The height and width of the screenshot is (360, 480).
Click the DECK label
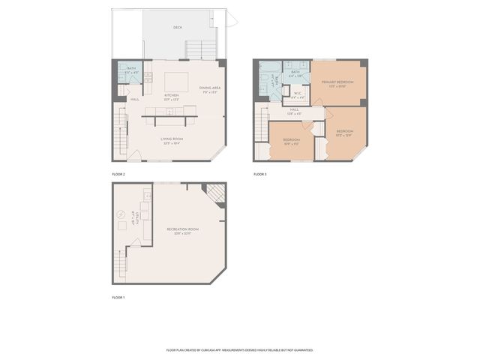[178, 28]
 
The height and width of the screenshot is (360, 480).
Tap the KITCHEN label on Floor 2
[172, 96]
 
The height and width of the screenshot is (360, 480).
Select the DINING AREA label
[210, 89]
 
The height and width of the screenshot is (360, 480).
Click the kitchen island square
[177, 81]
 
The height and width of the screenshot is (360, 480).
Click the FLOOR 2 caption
[118, 174]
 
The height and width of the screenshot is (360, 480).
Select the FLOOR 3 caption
[259, 174]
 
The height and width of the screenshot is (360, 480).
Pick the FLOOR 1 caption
[118, 298]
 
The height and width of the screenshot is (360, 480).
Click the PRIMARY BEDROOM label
[337, 82]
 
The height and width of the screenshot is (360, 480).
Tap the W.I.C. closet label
[297, 94]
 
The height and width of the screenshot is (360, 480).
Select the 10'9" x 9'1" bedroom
[292, 142]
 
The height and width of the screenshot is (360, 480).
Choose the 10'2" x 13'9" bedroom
[345, 133]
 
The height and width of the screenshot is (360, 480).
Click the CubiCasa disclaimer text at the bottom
[240, 349]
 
